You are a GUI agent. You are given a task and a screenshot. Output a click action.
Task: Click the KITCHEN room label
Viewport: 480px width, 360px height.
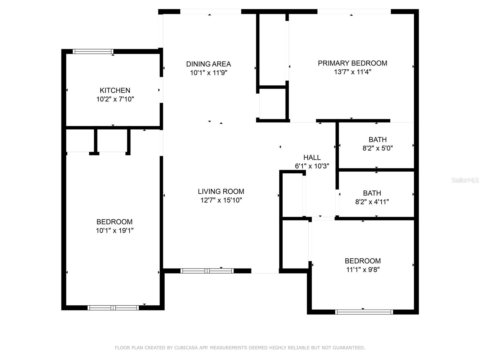[x=115, y=90]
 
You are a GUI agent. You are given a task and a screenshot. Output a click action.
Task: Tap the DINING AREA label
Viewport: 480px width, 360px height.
[x=208, y=64]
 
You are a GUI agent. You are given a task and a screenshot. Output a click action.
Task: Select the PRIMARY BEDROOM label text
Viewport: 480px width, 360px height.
[x=352, y=63]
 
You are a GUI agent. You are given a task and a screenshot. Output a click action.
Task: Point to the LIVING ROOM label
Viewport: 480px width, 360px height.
[x=221, y=191]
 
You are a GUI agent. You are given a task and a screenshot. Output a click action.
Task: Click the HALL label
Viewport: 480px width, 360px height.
[x=312, y=157]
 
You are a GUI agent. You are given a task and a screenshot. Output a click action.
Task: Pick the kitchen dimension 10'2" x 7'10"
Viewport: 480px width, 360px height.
[x=115, y=99]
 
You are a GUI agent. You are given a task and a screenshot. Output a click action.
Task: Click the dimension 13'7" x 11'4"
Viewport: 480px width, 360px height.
[x=352, y=72]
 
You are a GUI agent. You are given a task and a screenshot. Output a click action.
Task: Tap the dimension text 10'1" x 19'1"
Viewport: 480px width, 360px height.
[x=115, y=231]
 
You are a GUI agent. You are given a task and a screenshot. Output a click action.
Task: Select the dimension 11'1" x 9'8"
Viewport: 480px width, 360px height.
[x=363, y=270]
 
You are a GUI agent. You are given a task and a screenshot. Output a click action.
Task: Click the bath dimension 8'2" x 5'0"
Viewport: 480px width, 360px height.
[x=378, y=148]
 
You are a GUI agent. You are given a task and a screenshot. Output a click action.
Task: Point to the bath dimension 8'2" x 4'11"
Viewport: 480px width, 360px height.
[x=372, y=202]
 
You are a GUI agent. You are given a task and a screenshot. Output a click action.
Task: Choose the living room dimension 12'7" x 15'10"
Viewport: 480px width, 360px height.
[x=221, y=200]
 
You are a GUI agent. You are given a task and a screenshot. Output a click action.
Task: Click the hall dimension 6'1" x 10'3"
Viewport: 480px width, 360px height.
[x=312, y=166]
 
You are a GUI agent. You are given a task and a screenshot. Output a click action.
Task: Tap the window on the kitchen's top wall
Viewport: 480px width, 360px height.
[x=93, y=52]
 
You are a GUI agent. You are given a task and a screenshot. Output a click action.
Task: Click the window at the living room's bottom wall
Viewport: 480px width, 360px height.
[x=207, y=271]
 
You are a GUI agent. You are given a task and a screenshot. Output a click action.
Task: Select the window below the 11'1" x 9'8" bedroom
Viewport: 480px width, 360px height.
[x=364, y=312]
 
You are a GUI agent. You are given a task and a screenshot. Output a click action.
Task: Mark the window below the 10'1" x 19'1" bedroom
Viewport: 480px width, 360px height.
[x=113, y=308]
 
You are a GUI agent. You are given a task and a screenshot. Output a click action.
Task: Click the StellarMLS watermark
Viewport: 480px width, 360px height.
[x=465, y=180]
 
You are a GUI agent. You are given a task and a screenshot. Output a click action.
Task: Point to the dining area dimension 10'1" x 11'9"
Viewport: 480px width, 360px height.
[x=208, y=73]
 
